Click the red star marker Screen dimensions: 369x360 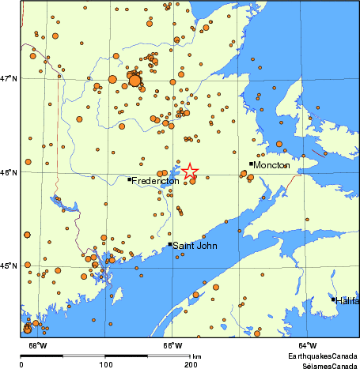coord(190,171)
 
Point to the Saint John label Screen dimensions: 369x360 coord(192,246)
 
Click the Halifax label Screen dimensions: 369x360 coord(347,301)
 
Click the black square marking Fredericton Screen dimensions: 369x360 coord(129,179)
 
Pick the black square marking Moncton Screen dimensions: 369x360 coord(251,164)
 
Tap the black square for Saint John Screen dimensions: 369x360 coord(169,244)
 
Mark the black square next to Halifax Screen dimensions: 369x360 coord(333,299)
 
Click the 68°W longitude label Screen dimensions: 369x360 coord(37,345)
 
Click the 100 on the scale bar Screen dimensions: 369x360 coord(105,364)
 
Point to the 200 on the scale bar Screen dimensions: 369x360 coord(191,364)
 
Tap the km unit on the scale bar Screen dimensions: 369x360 coord(196,357)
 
